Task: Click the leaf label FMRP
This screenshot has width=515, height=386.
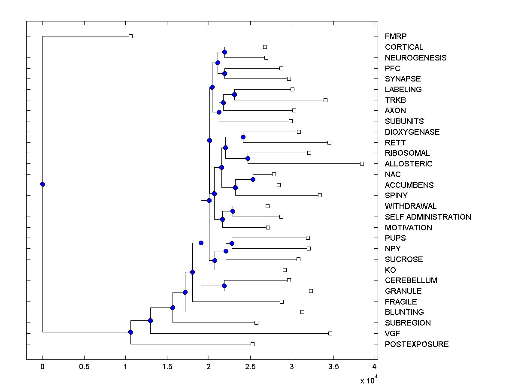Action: point(396,36)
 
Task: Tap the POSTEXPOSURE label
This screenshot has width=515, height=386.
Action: point(417,344)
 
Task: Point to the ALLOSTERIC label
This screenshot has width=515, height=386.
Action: point(409,164)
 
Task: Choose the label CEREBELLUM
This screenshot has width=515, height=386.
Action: point(411,280)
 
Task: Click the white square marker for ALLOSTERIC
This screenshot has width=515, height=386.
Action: point(362,163)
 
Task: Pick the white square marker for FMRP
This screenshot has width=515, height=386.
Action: point(131,36)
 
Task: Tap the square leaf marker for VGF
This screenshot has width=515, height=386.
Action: point(330,333)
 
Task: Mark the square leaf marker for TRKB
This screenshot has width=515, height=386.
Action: point(325,100)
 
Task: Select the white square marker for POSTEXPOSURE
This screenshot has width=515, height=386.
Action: point(252,344)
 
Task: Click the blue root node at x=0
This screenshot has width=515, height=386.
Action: point(42,184)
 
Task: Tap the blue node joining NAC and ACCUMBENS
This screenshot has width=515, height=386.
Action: point(253,179)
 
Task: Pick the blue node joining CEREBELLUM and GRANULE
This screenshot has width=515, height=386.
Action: point(224,286)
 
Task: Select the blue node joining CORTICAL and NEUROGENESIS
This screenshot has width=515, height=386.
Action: point(224,52)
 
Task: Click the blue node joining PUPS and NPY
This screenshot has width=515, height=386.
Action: point(232,243)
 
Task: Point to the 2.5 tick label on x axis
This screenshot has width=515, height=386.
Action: point(250,367)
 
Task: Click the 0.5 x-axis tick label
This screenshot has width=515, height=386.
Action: point(84,367)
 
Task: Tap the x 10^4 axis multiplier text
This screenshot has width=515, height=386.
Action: point(368,380)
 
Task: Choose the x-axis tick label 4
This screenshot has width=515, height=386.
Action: point(375,367)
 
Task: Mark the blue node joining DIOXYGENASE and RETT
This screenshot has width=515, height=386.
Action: point(243,137)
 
